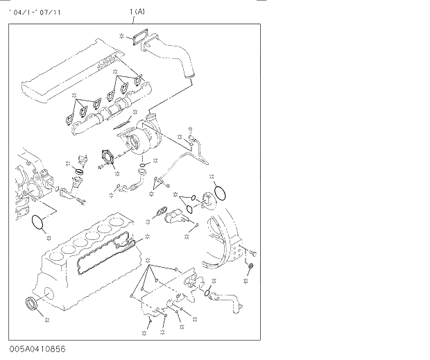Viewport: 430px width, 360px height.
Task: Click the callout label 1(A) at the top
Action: point(137,12)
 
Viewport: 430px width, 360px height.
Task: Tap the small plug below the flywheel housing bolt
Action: point(251,267)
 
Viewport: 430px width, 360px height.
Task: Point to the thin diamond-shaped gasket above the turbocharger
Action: point(123,123)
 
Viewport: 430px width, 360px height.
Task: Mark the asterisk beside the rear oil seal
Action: point(46,320)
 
